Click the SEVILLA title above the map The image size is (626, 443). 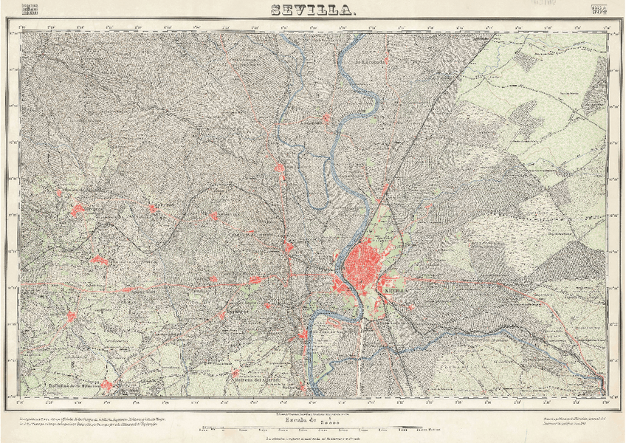313,10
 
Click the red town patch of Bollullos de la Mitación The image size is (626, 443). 106,385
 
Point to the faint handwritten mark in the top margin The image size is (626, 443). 540,4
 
